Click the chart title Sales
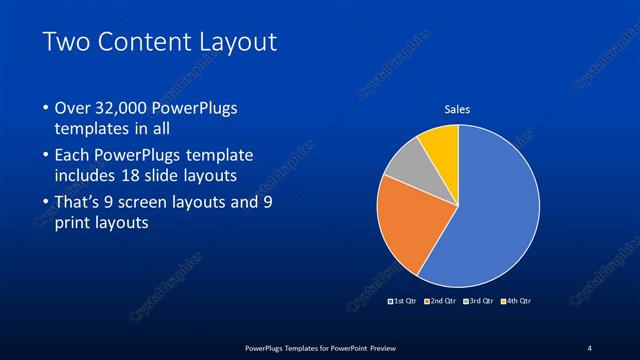tap(457, 109)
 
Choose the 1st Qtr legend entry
tap(405, 300)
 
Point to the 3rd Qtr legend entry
tap(479, 300)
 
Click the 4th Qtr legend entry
tap(516, 300)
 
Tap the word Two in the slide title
tap(65, 42)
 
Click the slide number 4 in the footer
tap(589, 347)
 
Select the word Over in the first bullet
tap(73, 108)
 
